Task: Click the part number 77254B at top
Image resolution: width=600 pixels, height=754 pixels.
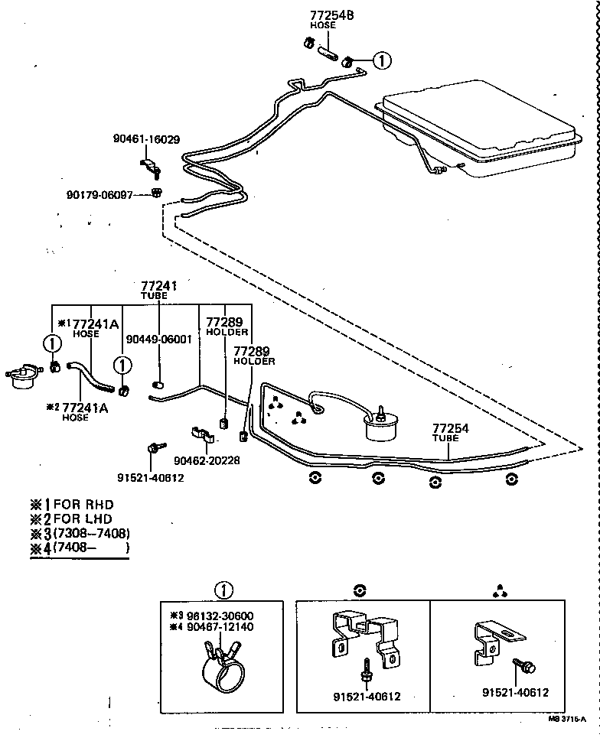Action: point(331,15)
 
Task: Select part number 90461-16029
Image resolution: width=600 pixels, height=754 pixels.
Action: point(146,140)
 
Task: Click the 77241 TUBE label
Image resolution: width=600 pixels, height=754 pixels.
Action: point(158,288)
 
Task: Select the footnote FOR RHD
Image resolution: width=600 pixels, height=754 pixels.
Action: point(81,505)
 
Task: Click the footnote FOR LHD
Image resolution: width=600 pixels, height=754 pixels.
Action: point(81,519)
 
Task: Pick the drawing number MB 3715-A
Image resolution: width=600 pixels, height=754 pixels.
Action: point(566,719)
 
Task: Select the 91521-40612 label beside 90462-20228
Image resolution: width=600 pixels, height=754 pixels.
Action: point(151,477)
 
